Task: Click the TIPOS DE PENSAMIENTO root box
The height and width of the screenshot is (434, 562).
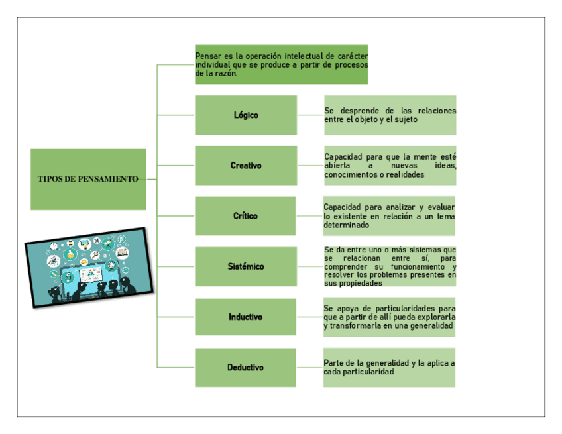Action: coord(88,179)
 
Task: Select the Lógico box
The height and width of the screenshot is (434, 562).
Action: coord(246,115)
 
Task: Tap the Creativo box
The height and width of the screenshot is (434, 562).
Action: coord(246,165)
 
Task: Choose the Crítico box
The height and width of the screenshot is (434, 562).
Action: coord(246,216)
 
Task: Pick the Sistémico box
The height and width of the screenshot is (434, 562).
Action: coord(246,266)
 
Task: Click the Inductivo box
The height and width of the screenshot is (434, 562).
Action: coord(246,317)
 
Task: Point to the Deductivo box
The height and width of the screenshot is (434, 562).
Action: coord(246,367)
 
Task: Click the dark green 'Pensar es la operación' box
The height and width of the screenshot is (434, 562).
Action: coord(281,65)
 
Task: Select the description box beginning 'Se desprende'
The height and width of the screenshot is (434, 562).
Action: coord(390,115)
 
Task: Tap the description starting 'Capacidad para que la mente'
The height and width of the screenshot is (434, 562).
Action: coord(390,165)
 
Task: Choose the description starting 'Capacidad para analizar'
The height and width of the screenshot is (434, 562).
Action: coord(389,216)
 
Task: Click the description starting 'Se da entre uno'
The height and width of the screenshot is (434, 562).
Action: coord(390,266)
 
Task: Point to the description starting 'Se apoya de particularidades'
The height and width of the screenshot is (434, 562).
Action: coord(389,317)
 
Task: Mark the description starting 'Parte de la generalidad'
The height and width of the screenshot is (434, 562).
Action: coord(389,367)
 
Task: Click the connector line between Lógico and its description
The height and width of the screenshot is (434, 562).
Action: coord(310,115)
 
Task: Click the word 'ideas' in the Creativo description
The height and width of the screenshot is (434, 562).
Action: coord(445,165)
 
